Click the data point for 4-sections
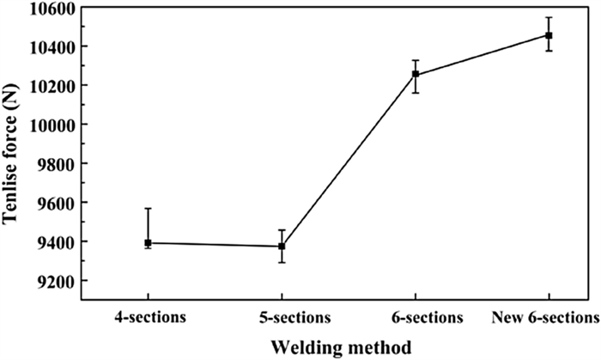pos(148,243)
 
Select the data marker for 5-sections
pos(282,247)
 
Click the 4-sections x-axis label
pos(148,317)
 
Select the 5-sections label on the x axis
pos(282,317)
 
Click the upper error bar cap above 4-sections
pos(148,209)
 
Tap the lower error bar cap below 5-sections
pos(282,262)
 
